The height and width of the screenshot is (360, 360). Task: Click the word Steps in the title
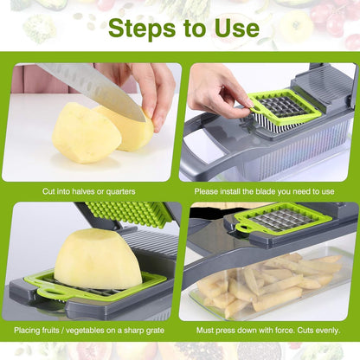pyautogui.click(x=143, y=28)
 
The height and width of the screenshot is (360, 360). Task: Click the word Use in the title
pyautogui.click(x=234, y=28)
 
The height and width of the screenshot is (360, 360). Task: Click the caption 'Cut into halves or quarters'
pyautogui.click(x=91, y=191)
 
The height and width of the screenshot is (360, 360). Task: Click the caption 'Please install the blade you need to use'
pyautogui.click(x=269, y=191)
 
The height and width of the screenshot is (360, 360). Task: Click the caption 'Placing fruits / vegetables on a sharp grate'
pyautogui.click(x=91, y=330)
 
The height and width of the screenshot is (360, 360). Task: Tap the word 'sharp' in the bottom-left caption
pyautogui.click(x=138, y=330)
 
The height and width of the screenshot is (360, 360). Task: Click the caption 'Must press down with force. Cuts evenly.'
pyautogui.click(x=269, y=330)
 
